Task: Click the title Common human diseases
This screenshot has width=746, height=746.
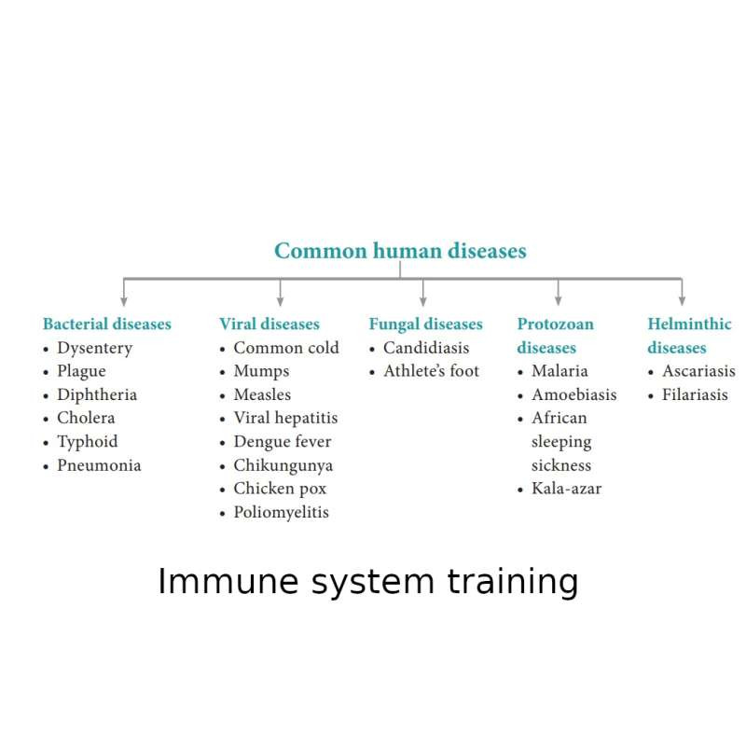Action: point(400,251)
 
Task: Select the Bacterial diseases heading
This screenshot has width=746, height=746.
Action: point(107,324)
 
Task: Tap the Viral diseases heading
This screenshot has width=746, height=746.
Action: point(269,324)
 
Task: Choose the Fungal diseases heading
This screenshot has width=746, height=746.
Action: point(426,324)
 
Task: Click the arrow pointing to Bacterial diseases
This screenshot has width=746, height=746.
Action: point(124,292)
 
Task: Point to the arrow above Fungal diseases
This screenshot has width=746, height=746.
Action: point(423,292)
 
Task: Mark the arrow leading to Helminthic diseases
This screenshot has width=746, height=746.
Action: point(682,292)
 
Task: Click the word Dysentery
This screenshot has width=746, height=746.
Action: point(95,348)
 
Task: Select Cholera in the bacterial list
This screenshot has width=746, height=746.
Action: point(86,418)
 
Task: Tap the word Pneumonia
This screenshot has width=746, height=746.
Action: point(99,464)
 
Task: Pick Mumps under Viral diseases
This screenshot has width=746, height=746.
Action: point(261,371)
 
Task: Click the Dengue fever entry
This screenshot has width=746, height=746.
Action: point(283,442)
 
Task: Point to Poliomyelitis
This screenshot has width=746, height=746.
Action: point(282,512)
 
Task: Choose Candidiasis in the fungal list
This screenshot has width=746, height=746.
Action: point(426,348)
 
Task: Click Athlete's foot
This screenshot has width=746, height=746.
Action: point(432,371)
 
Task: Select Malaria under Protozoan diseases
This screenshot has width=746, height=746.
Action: point(559,371)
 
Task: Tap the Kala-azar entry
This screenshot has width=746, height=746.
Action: point(566,489)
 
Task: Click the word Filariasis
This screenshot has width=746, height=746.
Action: point(695,394)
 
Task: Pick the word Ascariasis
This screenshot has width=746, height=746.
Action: point(698,371)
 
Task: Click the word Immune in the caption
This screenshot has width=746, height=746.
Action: point(228,581)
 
